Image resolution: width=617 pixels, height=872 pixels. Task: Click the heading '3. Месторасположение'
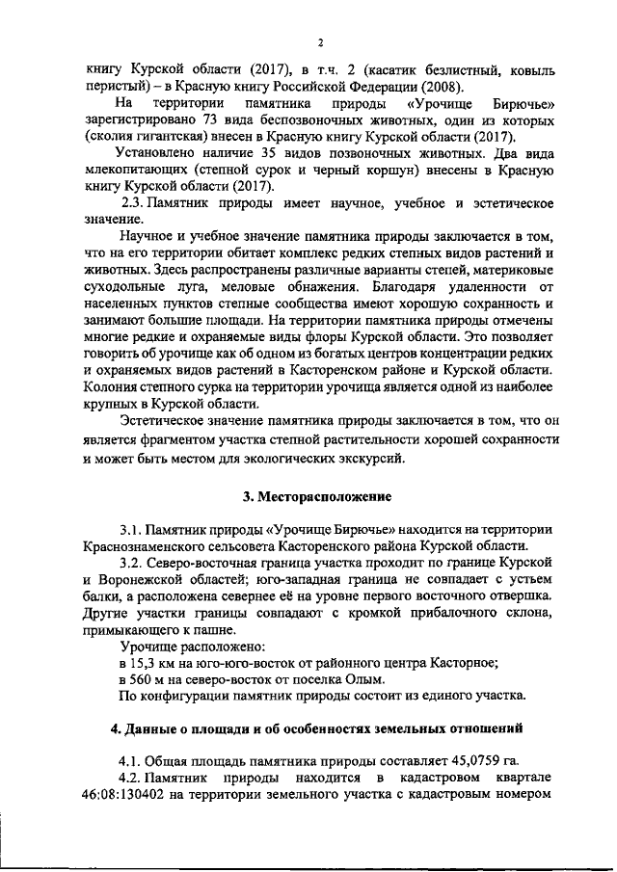click(x=316, y=497)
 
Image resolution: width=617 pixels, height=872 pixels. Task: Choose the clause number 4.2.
click(x=131, y=777)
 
